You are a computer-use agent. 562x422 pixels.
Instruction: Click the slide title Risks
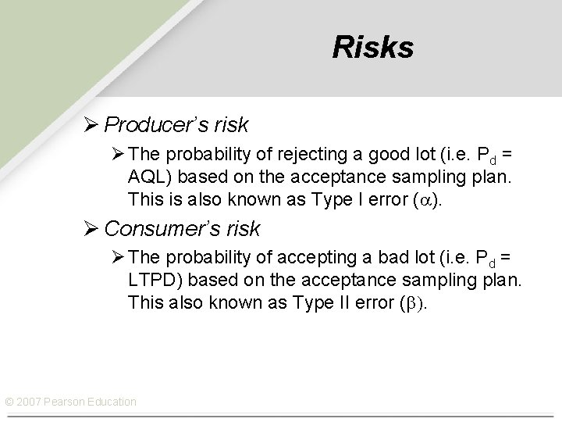pos(372,48)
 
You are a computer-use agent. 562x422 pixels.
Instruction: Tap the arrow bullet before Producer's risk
pos(92,124)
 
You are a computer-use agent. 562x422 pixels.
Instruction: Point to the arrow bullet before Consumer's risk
pos(92,229)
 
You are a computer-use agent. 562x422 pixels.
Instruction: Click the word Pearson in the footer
pos(65,402)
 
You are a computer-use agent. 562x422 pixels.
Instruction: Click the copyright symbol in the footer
pos(9,402)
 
